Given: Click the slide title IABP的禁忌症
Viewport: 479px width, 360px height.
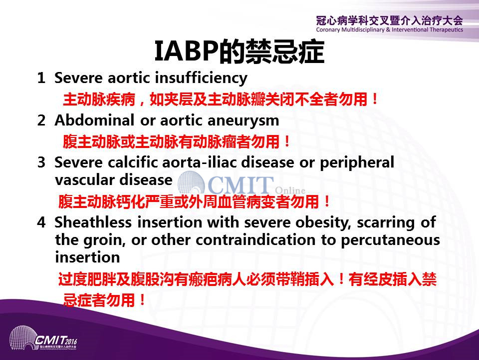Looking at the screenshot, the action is pos(239,51).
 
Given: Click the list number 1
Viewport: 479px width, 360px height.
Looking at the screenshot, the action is pos(41,78).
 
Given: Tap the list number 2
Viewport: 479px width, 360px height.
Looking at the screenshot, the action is pos(41,120).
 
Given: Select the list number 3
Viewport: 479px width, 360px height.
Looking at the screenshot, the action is pos(41,162).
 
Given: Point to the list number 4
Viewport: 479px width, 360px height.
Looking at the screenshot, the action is pos(41,222).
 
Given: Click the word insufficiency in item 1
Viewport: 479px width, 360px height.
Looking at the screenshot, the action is pos(201,78).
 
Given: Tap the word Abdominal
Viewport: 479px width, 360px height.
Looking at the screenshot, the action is pos(94,120).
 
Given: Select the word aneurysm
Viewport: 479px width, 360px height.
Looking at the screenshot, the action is pos(243,121).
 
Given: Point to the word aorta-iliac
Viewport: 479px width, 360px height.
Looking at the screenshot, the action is pos(200,162).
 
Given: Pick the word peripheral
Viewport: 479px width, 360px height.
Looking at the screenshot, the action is pos(357,163).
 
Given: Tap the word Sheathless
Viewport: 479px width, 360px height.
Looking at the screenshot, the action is pos(93,222).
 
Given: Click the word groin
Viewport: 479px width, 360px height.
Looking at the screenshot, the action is pos(104,240).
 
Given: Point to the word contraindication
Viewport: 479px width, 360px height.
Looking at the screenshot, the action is pos(255,239).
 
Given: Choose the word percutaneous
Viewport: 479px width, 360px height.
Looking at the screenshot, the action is pos(390,241).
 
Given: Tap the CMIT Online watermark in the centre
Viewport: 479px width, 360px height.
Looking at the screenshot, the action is pos(241,184).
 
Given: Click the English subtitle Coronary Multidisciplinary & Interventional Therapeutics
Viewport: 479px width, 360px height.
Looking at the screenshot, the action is pos(390,29).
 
